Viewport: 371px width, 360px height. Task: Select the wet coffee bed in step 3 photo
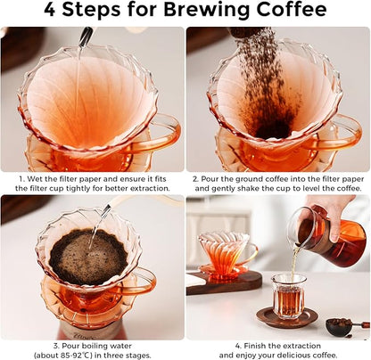point(87,257)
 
